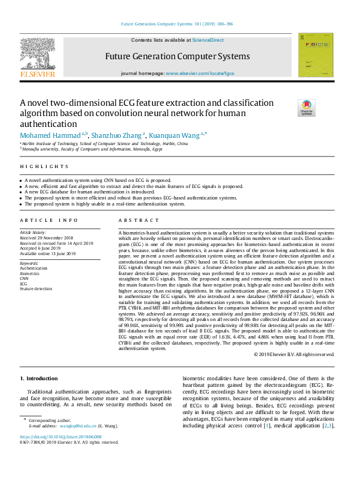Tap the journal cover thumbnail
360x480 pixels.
point(315,55)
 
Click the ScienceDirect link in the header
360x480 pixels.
point(208,41)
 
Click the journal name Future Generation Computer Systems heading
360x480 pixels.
point(177,56)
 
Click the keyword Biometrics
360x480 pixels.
point(30,273)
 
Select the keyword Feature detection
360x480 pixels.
point(36,289)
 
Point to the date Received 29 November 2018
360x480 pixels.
point(47,238)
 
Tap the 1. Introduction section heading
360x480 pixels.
point(39,378)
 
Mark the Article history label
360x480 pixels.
point(34,232)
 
